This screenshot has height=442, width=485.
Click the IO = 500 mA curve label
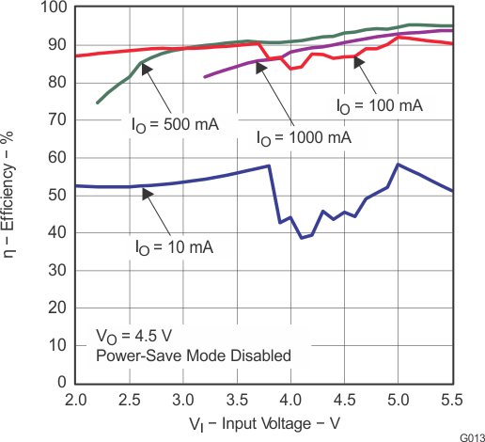(175, 123)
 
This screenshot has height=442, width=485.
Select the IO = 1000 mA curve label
(304, 137)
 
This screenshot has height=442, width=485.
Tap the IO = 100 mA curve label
(380, 106)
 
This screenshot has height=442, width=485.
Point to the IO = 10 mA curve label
(174, 247)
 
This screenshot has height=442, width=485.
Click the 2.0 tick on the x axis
(76, 399)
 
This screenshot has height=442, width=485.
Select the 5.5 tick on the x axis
(453, 399)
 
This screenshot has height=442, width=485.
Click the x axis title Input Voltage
(264, 421)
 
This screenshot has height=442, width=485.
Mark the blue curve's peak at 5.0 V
(399, 165)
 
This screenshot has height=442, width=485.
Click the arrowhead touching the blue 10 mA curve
(147, 193)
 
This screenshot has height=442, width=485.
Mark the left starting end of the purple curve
(205, 76)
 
